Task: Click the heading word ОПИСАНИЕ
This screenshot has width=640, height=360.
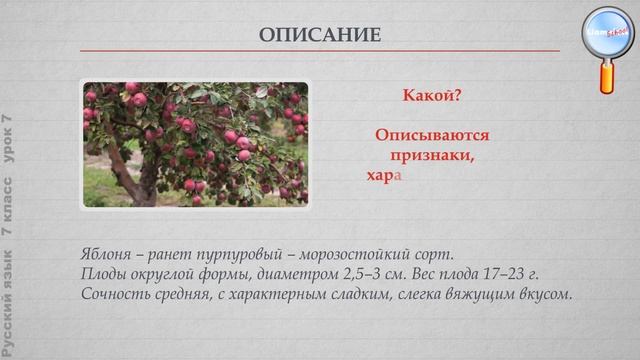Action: coord(320,35)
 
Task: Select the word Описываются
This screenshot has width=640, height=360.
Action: coord(432,134)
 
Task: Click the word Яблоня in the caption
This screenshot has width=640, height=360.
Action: coord(104,251)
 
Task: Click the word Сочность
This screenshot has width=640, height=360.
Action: coord(110,294)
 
